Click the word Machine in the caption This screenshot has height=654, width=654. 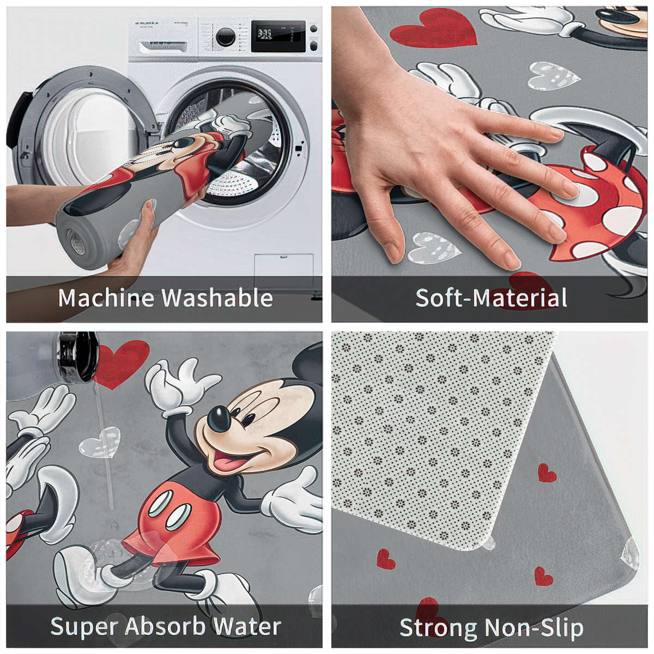pos(106,298)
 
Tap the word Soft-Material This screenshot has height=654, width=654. pos(491,298)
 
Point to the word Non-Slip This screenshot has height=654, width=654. pos(533,628)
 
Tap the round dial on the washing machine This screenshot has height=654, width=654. pos(225,37)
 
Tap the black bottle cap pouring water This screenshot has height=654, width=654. pos(76,357)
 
